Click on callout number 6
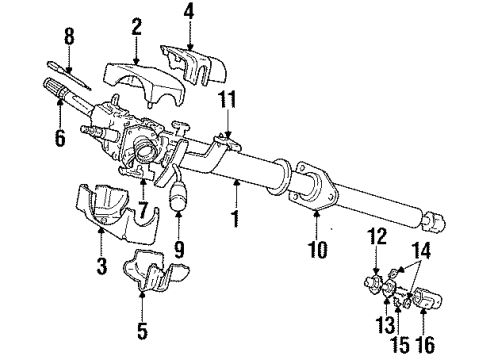tap(60, 139)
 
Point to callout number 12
tap(376, 263)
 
